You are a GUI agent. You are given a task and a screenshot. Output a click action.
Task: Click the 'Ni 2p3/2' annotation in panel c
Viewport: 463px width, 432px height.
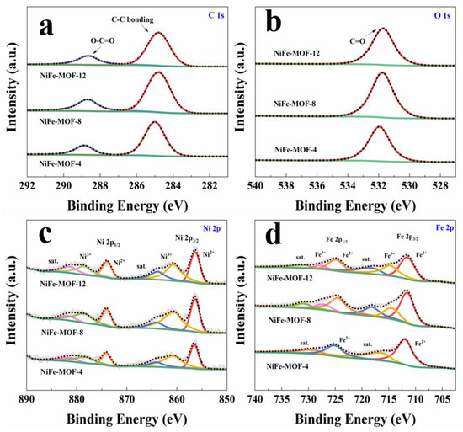pos(189,237)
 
